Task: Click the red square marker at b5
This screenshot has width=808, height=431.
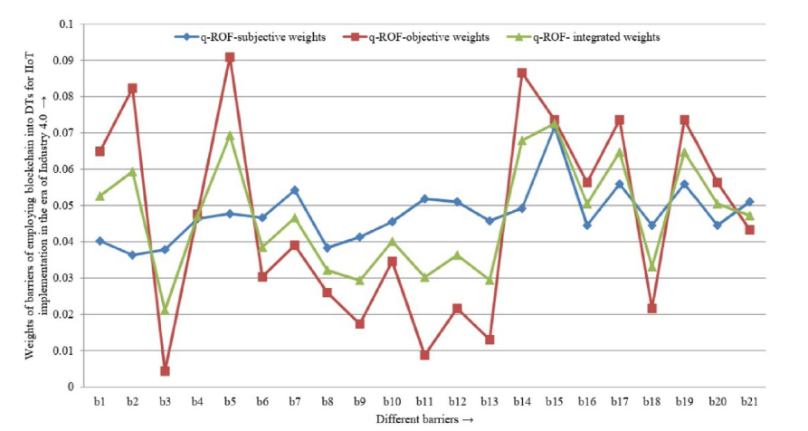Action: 230,57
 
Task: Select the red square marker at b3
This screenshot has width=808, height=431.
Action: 165,370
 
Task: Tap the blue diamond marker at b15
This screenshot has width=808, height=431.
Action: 555,126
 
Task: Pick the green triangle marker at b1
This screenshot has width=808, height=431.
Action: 100,196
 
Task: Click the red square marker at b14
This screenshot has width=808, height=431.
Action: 522,72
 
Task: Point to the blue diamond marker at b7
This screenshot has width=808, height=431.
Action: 295,190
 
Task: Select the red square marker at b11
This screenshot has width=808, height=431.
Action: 424,355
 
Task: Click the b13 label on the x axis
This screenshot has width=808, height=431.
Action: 490,401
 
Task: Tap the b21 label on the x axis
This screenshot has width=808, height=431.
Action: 750,401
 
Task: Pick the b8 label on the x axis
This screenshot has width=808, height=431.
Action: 327,401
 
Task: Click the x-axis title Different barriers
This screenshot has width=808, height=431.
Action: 424,419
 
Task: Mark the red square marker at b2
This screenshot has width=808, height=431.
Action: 132,89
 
